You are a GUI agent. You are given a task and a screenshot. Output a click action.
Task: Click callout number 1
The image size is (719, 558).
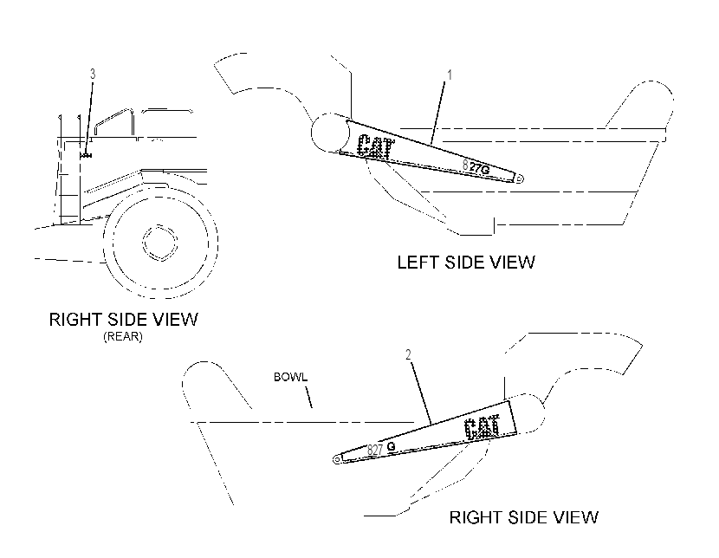point(450,75)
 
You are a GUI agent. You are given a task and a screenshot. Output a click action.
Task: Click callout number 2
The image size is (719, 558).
point(408,354)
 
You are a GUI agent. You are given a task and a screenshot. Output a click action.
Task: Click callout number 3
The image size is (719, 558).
point(93,74)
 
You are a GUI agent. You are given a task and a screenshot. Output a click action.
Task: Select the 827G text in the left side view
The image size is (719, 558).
point(476,167)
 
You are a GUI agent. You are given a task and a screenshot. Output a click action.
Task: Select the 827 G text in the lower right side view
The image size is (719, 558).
point(381,449)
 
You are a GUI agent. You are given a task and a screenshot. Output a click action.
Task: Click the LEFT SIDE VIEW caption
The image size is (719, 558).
point(466,263)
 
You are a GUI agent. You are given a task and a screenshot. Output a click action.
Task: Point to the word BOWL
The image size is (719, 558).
point(290,377)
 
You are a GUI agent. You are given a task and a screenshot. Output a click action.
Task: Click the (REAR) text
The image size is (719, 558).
point(123,336)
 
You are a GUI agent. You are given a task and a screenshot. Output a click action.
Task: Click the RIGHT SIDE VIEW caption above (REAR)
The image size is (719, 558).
point(123,319)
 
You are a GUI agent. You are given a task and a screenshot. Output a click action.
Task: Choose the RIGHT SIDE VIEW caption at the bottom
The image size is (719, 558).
point(524,517)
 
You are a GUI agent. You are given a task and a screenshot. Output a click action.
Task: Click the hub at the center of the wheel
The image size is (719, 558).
point(159,243)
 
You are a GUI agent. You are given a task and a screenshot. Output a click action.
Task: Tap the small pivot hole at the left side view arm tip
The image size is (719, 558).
point(519,178)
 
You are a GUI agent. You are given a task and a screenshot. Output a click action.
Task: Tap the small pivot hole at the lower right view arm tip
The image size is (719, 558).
point(338,459)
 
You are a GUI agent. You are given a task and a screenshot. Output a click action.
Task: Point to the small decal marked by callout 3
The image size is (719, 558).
point(86,156)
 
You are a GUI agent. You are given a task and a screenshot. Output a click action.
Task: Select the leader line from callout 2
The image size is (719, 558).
point(420,393)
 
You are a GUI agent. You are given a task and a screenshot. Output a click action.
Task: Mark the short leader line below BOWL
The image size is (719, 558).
point(309,397)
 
